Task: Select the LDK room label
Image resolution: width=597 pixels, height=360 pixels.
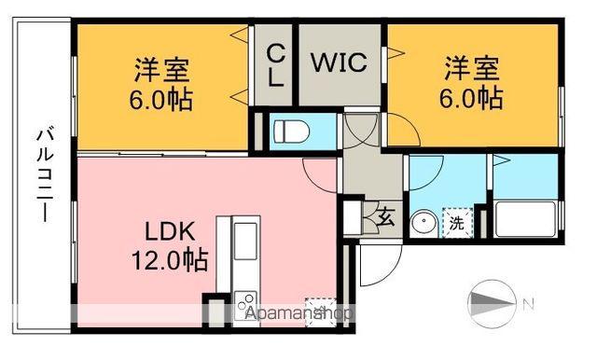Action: tap(170, 230)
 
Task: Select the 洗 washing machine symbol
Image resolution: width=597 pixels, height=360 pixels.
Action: tap(457, 223)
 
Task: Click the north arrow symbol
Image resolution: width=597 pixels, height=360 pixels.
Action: tap(490, 302)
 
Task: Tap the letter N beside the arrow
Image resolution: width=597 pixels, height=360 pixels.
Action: tap(529, 303)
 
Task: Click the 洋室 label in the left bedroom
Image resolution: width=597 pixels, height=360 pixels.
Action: tap(162, 70)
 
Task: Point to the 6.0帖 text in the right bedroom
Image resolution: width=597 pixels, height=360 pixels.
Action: tap(472, 96)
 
